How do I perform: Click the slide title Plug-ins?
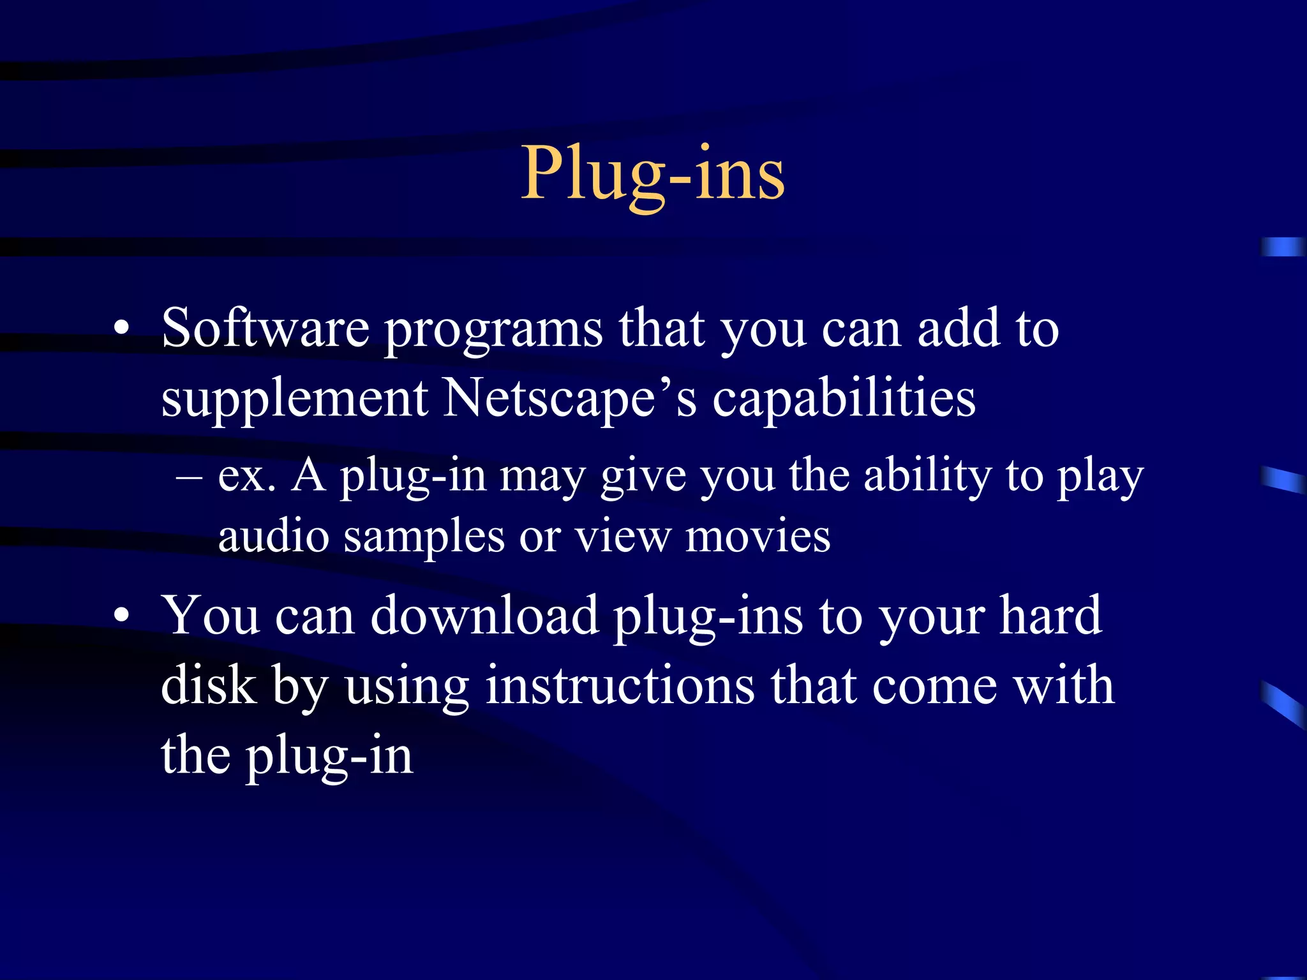pos(653,174)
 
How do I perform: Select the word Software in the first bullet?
pos(265,329)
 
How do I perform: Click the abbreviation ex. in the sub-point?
pos(246,476)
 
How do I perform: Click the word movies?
pos(758,536)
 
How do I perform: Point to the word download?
pos(484,616)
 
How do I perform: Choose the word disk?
pos(208,685)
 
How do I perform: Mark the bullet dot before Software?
pos(121,330)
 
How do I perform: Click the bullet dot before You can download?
pos(121,616)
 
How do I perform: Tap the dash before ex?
pos(189,477)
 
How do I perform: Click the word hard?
pos(1050,616)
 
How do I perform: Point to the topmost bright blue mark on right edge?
pos(1283,247)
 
